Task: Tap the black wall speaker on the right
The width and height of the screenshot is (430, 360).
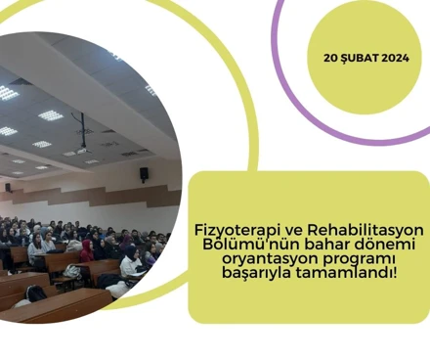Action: pos(144,173)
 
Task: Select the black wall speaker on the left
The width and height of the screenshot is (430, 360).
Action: pos(7,185)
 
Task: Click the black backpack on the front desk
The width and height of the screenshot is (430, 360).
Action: pos(36,292)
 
